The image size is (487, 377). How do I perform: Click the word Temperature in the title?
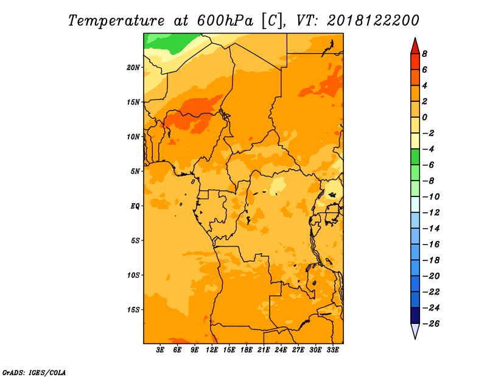[116, 21]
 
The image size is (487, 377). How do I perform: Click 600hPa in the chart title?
[225, 21]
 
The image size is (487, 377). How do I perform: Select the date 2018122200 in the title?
[373, 21]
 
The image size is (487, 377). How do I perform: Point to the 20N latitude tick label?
[133, 68]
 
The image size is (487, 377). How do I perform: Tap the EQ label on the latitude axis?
[135, 206]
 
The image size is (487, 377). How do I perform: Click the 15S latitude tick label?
[133, 310]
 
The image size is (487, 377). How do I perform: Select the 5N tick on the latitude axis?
[135, 171]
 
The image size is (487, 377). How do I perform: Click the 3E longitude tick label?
[160, 350]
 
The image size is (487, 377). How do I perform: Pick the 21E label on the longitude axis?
[264, 350]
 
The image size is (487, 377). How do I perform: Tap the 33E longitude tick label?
[332, 350]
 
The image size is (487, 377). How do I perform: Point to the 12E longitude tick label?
[212, 350]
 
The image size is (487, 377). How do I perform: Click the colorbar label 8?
[424, 54]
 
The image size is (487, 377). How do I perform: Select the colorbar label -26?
[431, 324]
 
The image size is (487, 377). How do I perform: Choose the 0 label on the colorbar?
[424, 117]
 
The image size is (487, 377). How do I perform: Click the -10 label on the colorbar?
[431, 197]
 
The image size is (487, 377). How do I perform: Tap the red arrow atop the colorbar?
[415, 47]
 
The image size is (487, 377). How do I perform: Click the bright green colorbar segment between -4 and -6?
[415, 157]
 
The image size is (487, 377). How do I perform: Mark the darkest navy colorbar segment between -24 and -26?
[415, 315]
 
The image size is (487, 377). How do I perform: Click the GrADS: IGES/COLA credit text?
[34, 373]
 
